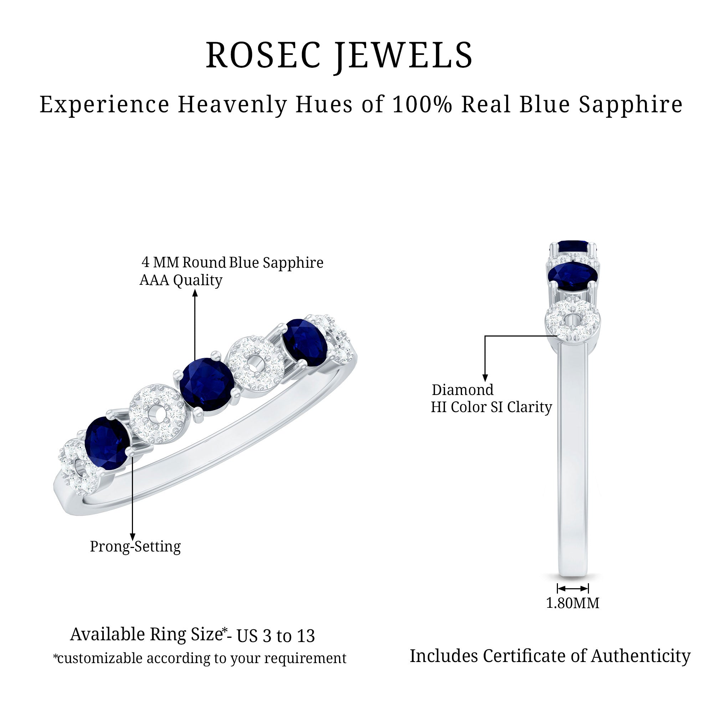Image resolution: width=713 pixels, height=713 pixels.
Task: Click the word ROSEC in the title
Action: pos(263,55)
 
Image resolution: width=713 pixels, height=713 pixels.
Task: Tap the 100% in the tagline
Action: pos(422,104)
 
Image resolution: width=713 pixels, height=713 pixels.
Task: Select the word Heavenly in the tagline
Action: pos(232,104)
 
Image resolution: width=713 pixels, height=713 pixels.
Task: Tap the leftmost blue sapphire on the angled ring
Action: pos(107,442)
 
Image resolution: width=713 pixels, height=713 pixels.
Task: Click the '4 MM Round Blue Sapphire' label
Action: pos(232,262)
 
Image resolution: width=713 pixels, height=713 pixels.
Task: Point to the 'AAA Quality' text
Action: pos(181,280)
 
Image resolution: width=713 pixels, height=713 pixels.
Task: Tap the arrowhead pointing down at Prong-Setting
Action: pos(132,537)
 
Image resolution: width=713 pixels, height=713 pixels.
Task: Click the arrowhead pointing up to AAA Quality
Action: pos(195,293)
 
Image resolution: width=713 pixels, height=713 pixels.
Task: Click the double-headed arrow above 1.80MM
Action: pos(573,588)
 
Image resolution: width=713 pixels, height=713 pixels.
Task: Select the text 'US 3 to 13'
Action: pos(276,636)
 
